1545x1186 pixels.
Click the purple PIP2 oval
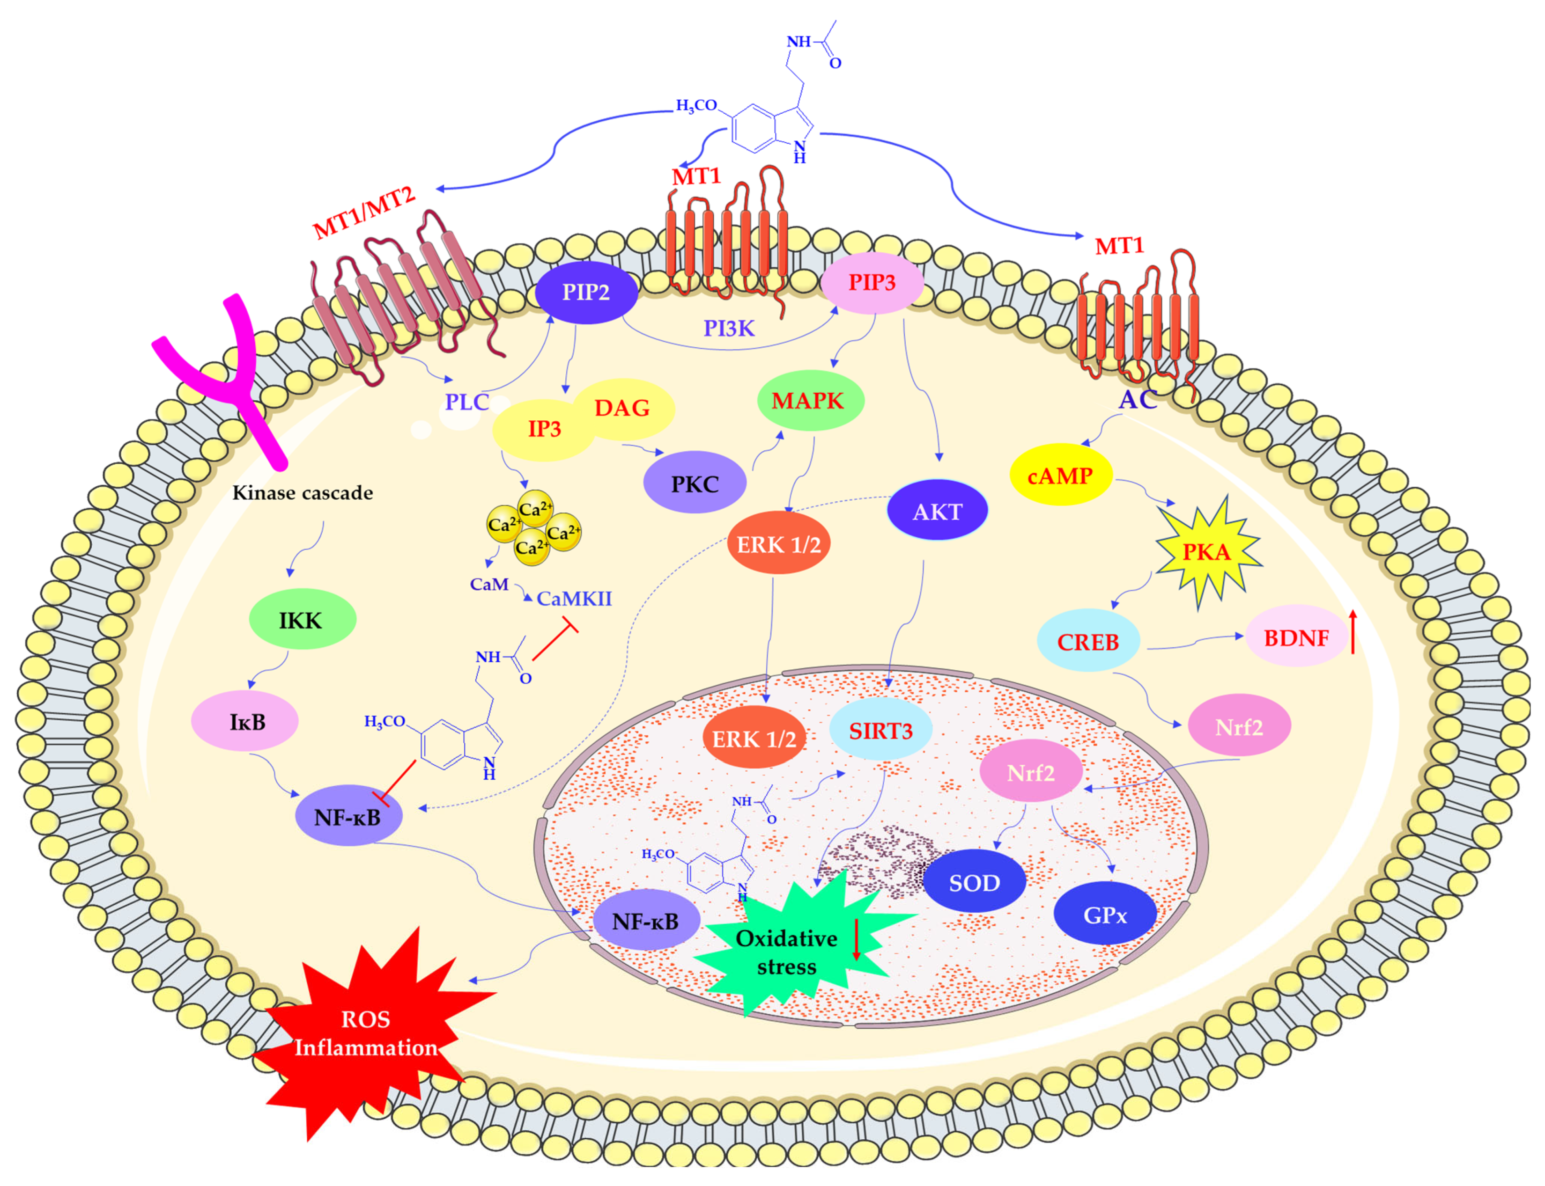coord(586,292)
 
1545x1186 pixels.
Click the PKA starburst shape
coord(1206,551)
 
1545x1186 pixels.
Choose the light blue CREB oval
coord(1087,642)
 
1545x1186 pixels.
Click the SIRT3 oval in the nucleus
coord(880,731)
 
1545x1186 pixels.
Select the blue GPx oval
coord(1104,915)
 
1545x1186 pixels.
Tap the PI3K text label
coord(729,328)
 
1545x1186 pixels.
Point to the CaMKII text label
coord(574,599)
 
